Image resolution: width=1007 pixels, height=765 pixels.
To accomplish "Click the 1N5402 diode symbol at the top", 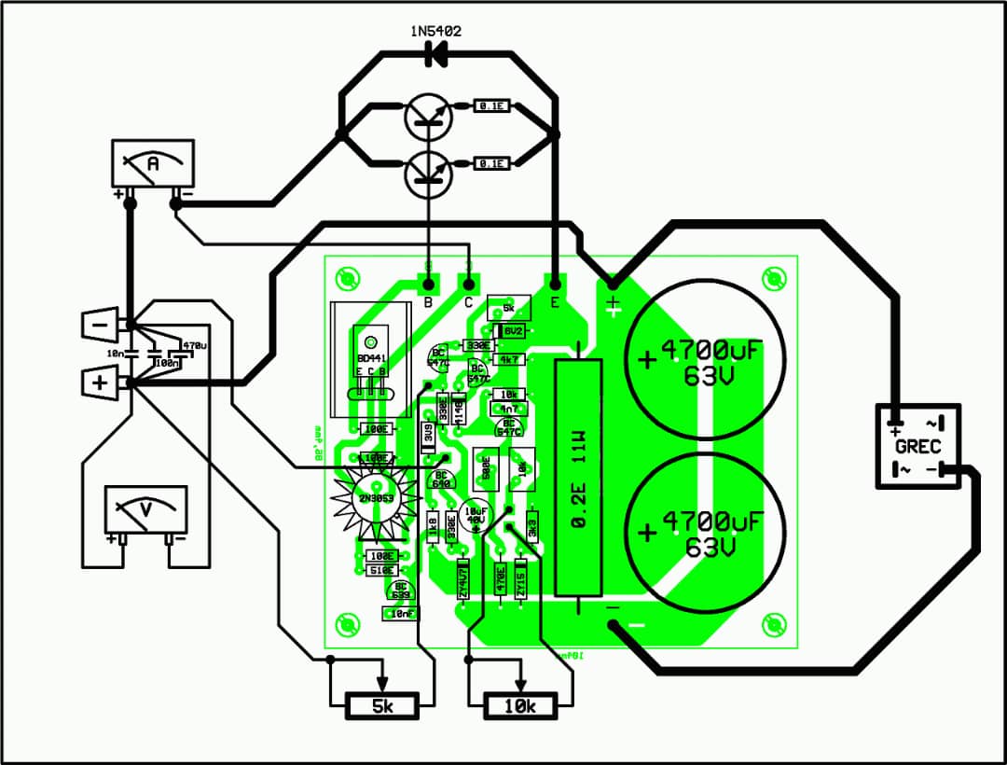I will (435, 55).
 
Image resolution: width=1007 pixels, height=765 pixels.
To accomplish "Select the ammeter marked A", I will (153, 165).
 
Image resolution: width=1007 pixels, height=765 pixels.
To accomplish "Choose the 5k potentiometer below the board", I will (382, 706).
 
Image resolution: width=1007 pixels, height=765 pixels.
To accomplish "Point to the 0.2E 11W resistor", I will (578, 476).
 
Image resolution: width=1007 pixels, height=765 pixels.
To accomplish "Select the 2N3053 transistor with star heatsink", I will (373, 495).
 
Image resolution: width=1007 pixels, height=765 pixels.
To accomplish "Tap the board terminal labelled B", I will (428, 282).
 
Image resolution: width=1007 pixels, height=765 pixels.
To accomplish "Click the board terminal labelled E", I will (556, 282).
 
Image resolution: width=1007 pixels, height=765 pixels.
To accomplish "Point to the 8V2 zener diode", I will (513, 330).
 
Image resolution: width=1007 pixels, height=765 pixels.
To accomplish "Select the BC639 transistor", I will (403, 590).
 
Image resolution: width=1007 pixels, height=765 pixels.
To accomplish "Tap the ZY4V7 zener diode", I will (462, 578).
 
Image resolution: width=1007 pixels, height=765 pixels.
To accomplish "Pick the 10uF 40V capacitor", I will (476, 518).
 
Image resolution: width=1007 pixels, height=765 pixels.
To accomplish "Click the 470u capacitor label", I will (194, 345).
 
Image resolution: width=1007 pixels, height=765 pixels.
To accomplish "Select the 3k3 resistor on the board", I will (533, 525).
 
